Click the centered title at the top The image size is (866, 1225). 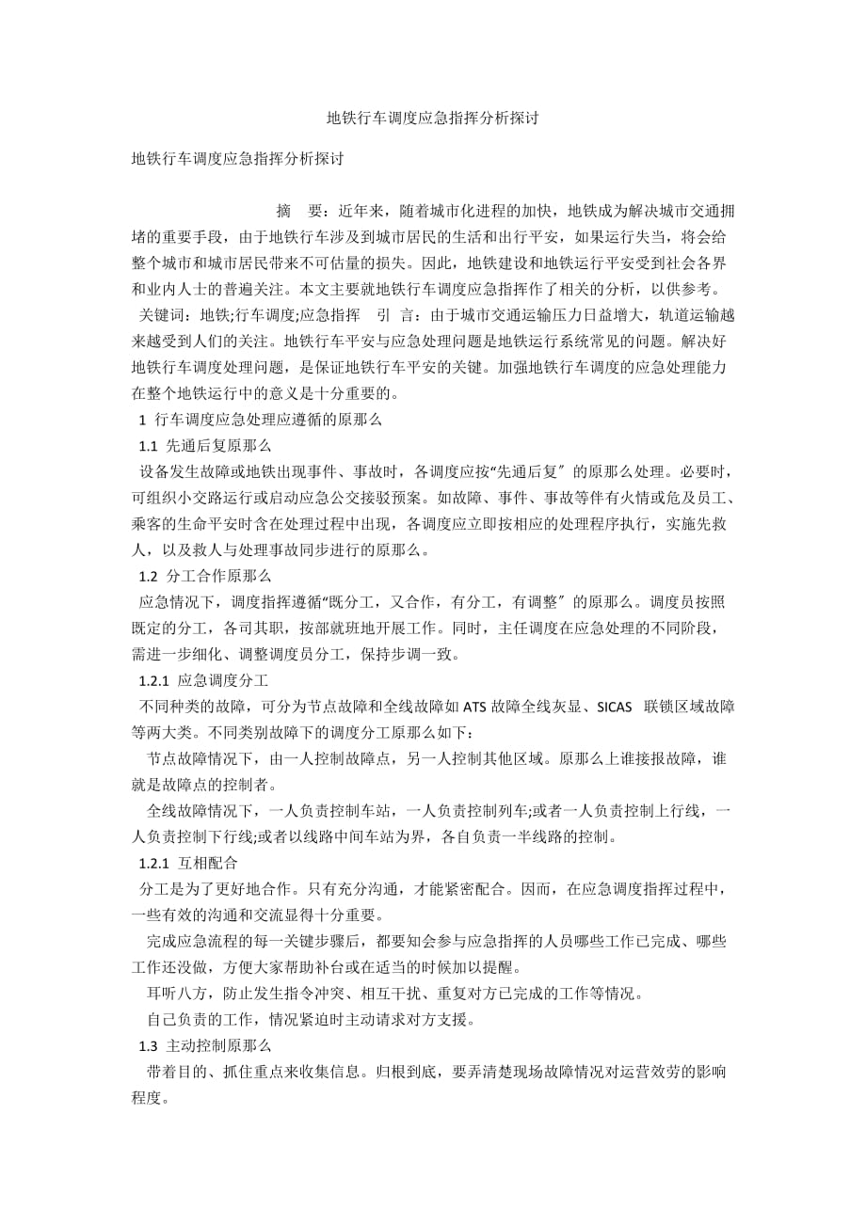[432, 119]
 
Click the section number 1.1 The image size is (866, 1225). [149, 445]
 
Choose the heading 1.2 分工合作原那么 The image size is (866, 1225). [205, 575]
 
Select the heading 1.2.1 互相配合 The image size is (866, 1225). [189, 862]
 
